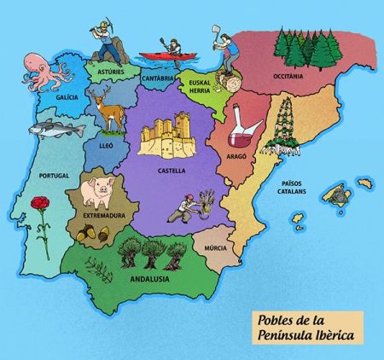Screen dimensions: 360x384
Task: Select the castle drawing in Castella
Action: (172, 138)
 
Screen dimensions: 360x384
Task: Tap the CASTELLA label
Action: (172, 170)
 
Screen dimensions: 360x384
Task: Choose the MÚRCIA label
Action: (217, 248)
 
